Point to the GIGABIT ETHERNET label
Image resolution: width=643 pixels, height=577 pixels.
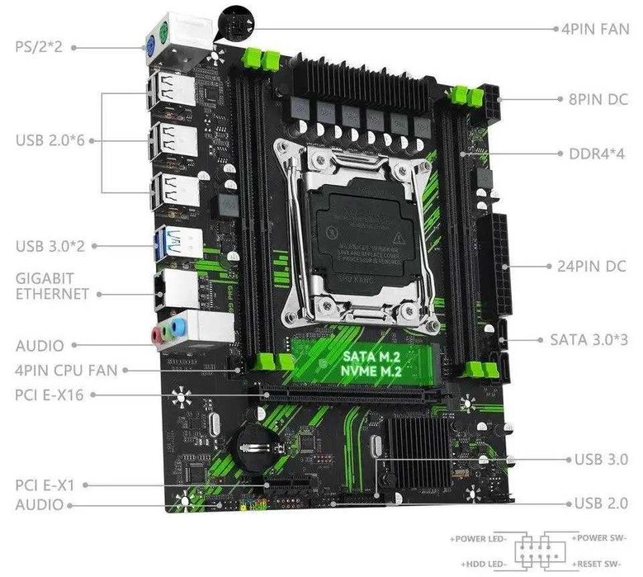tap(51, 286)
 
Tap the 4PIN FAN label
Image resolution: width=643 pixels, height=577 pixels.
tap(595, 28)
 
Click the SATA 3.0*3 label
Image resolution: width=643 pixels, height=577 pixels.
tap(589, 338)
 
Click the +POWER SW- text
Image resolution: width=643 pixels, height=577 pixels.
tap(603, 537)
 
